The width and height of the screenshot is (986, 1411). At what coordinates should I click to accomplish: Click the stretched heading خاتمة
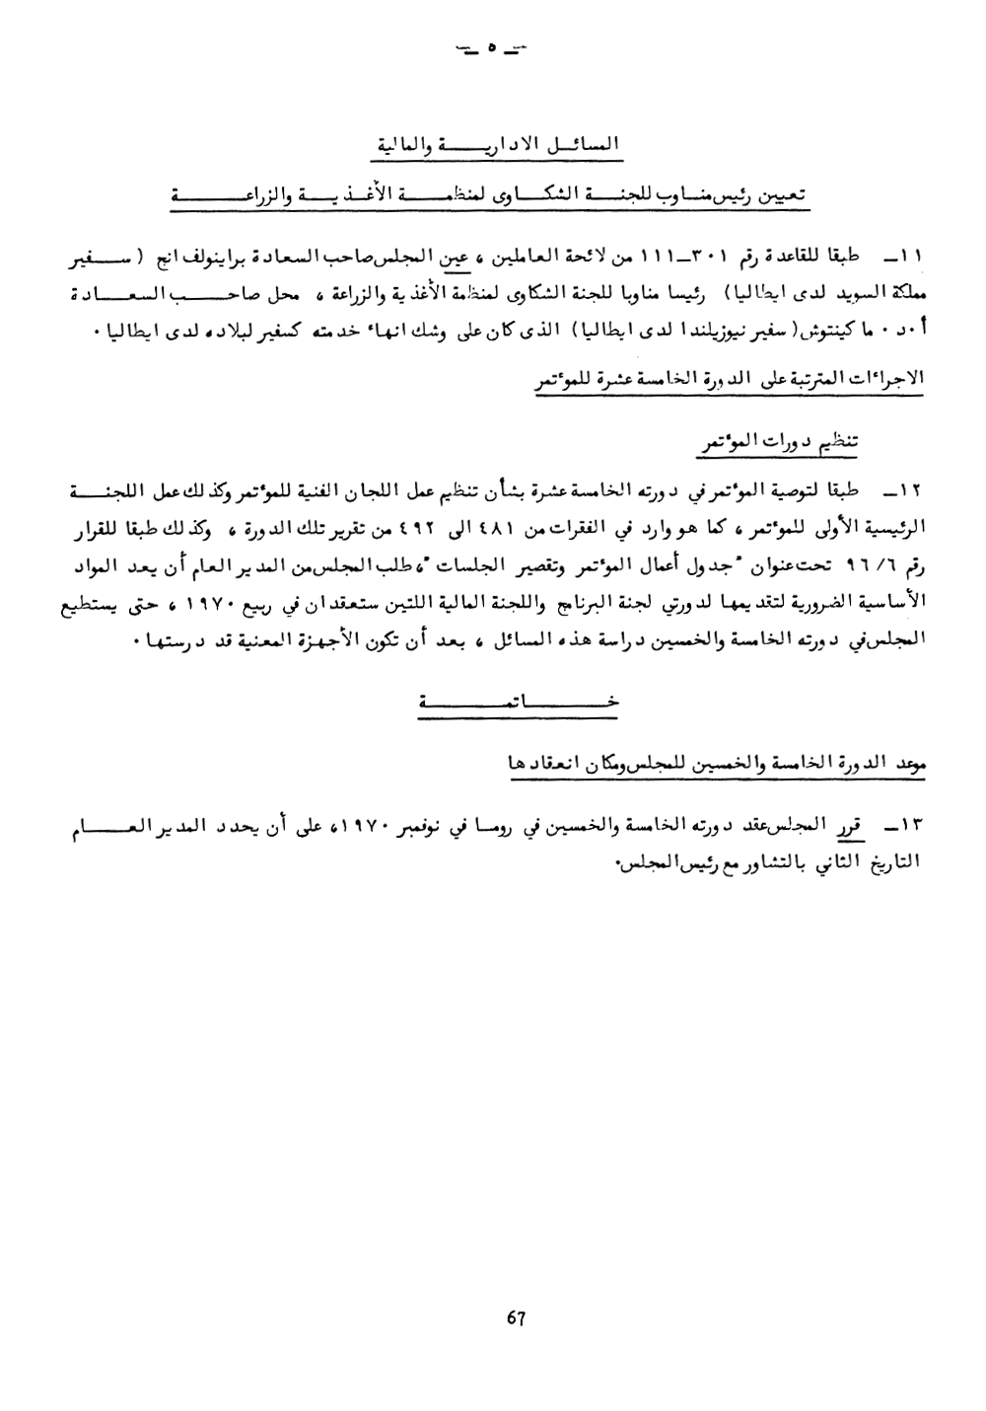[x=516, y=702]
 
